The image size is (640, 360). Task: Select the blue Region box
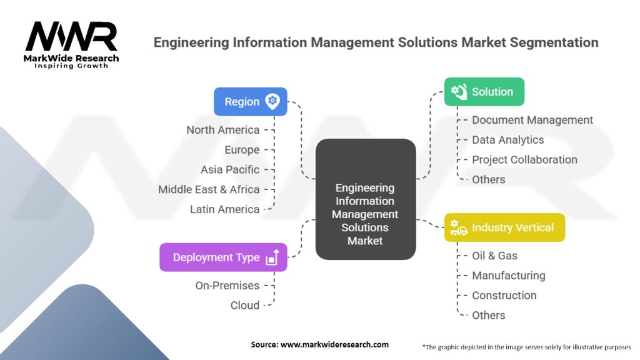(x=250, y=101)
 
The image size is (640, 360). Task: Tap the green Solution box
(x=484, y=92)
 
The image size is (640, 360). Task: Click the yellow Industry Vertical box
(x=504, y=227)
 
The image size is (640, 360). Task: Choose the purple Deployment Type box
(x=223, y=257)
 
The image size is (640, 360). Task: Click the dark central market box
(x=365, y=199)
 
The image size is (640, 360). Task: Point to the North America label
(x=222, y=130)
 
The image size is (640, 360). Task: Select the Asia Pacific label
(x=229, y=169)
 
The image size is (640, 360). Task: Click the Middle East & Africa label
(x=208, y=189)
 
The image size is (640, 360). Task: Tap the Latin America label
(x=224, y=209)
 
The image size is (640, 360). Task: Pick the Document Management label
(x=532, y=120)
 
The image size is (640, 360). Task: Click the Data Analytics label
(x=507, y=140)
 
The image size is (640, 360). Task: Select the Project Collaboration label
(x=524, y=159)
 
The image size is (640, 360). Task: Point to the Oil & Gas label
(x=494, y=256)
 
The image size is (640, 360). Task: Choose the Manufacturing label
(x=508, y=276)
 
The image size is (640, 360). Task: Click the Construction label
(x=504, y=296)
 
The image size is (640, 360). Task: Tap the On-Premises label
(x=227, y=286)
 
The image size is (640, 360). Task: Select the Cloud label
(x=244, y=306)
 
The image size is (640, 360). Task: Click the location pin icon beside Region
(x=272, y=101)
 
